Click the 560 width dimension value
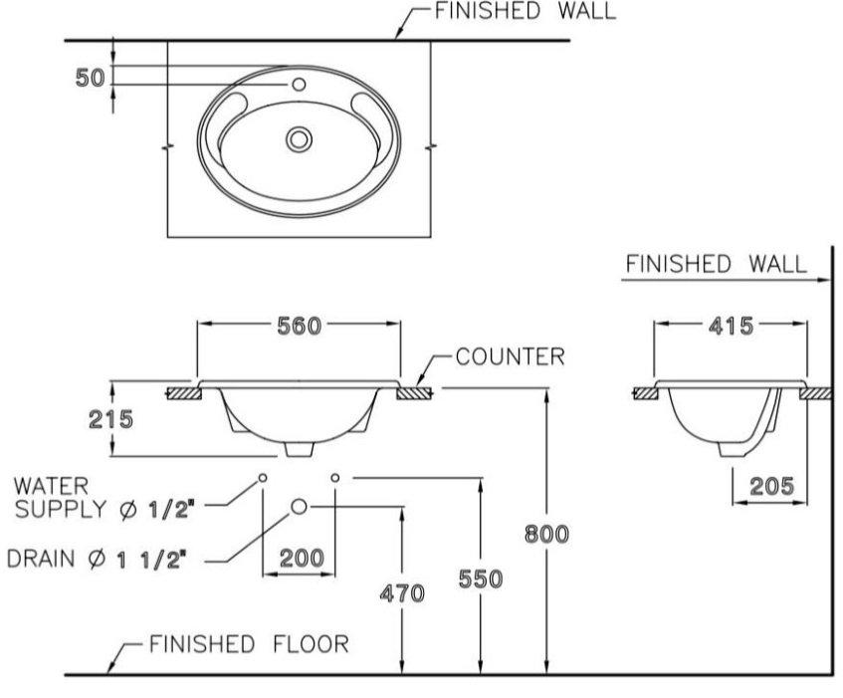[300, 325]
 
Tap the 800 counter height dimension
[547, 534]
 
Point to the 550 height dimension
[481, 578]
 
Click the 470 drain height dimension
[402, 593]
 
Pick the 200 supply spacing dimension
[300, 558]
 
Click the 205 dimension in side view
[771, 486]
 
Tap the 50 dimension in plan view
[90, 78]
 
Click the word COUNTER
[511, 355]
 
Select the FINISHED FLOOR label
[249, 644]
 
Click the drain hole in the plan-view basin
[297, 138]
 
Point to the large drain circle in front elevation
[299, 508]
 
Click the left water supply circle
[262, 478]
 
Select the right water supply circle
[335, 478]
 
